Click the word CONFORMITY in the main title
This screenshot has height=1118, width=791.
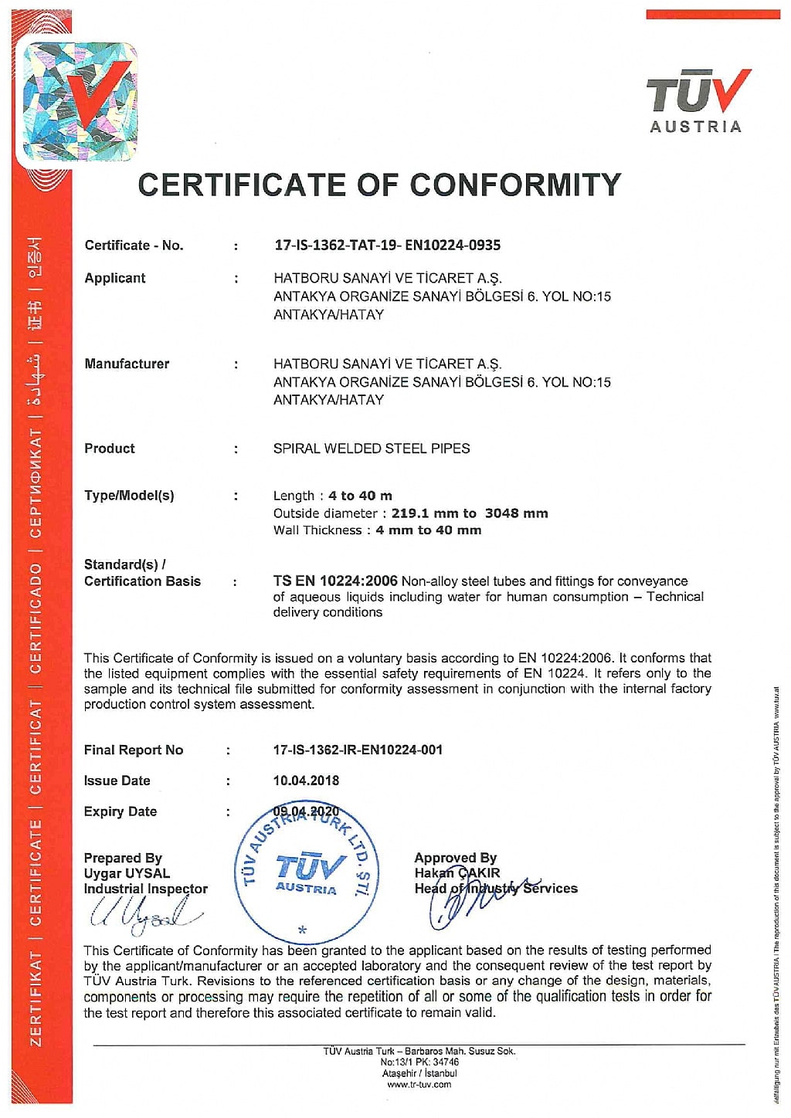point(515,185)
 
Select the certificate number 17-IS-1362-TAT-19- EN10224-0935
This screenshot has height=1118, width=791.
point(387,246)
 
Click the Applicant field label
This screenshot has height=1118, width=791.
point(115,278)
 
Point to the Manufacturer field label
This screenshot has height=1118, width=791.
point(127,364)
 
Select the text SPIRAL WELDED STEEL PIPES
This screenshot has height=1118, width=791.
point(372,449)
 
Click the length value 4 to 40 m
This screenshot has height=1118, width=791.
point(360,496)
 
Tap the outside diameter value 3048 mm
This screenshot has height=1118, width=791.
point(516,513)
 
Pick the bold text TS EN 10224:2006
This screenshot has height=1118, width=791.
point(335,581)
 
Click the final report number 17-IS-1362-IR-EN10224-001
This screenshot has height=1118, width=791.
point(358,750)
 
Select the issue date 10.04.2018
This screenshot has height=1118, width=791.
point(306,781)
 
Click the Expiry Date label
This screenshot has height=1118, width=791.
point(120,811)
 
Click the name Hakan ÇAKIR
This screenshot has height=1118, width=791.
point(457,873)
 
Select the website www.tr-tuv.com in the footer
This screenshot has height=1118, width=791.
point(419,1085)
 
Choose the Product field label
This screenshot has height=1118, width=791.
point(110,449)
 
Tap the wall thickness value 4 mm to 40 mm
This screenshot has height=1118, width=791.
point(428,530)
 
